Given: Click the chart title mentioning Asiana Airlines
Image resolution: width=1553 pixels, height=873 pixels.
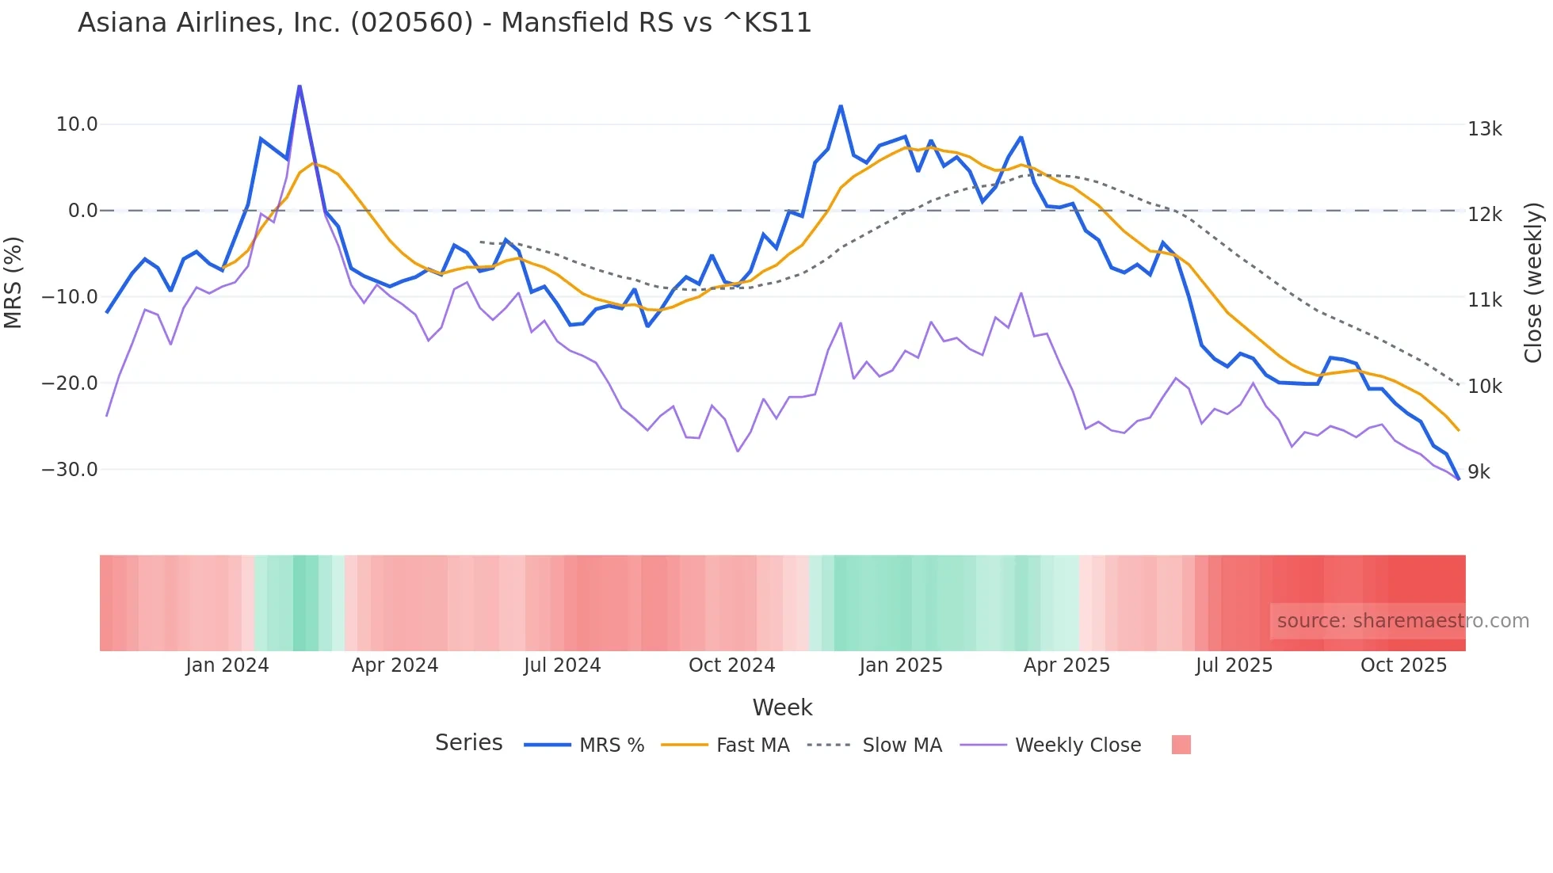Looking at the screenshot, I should pyautogui.click(x=445, y=23).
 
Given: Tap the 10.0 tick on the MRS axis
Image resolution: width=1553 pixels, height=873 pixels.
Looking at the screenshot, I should pyautogui.click(x=77, y=124).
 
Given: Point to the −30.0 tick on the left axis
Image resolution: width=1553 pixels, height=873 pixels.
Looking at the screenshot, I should pyautogui.click(x=70, y=470).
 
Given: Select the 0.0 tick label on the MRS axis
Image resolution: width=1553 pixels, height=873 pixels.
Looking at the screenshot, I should pyautogui.click(x=82, y=211).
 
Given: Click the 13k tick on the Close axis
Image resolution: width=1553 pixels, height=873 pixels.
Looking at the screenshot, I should pyautogui.click(x=1484, y=129).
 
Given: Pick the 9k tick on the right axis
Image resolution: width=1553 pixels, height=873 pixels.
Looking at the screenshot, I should pyautogui.click(x=1479, y=472).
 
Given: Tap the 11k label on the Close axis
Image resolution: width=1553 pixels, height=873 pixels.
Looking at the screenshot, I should pyautogui.click(x=1484, y=300).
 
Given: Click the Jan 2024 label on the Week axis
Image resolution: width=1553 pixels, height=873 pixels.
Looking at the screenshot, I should pyautogui.click(x=227, y=665).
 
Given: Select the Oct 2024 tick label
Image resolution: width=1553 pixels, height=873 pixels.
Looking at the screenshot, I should pyautogui.click(x=731, y=665).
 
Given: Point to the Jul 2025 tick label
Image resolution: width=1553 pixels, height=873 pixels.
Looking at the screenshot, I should pyautogui.click(x=1234, y=665).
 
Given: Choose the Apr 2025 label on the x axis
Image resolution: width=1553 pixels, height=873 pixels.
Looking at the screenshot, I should pyautogui.click(x=1066, y=665).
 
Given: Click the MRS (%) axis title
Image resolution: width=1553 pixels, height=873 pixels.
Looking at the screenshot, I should pyautogui.click(x=13, y=282).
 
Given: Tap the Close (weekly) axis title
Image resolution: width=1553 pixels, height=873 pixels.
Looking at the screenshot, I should pyautogui.click(x=1534, y=283).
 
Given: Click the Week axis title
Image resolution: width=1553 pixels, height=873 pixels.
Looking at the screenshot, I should pyautogui.click(x=782, y=707).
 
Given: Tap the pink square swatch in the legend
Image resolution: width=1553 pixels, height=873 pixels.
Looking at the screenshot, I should pyautogui.click(x=1181, y=745).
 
